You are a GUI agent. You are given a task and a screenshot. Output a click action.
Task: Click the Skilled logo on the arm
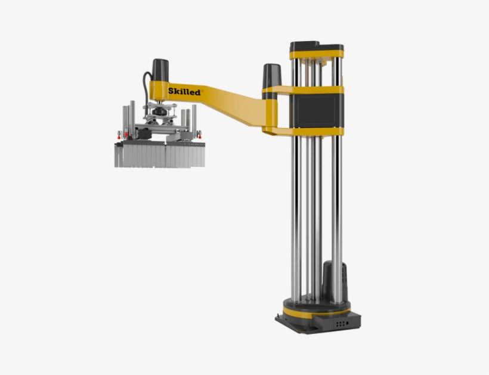pos(184,91)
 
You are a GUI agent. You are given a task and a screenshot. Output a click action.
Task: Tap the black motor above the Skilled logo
pos(160,70)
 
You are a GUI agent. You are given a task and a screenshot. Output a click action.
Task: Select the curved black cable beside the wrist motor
pos(146,89)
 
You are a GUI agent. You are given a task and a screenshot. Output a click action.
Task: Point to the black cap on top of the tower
pos(316,47)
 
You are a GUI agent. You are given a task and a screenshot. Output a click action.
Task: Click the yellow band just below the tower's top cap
pos(317,55)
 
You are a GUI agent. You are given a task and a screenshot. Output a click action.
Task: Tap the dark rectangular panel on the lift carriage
pos(315,110)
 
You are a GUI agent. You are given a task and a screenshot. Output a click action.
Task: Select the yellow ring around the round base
pos(317,311)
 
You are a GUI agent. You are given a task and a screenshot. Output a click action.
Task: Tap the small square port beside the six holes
pos(347,323)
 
